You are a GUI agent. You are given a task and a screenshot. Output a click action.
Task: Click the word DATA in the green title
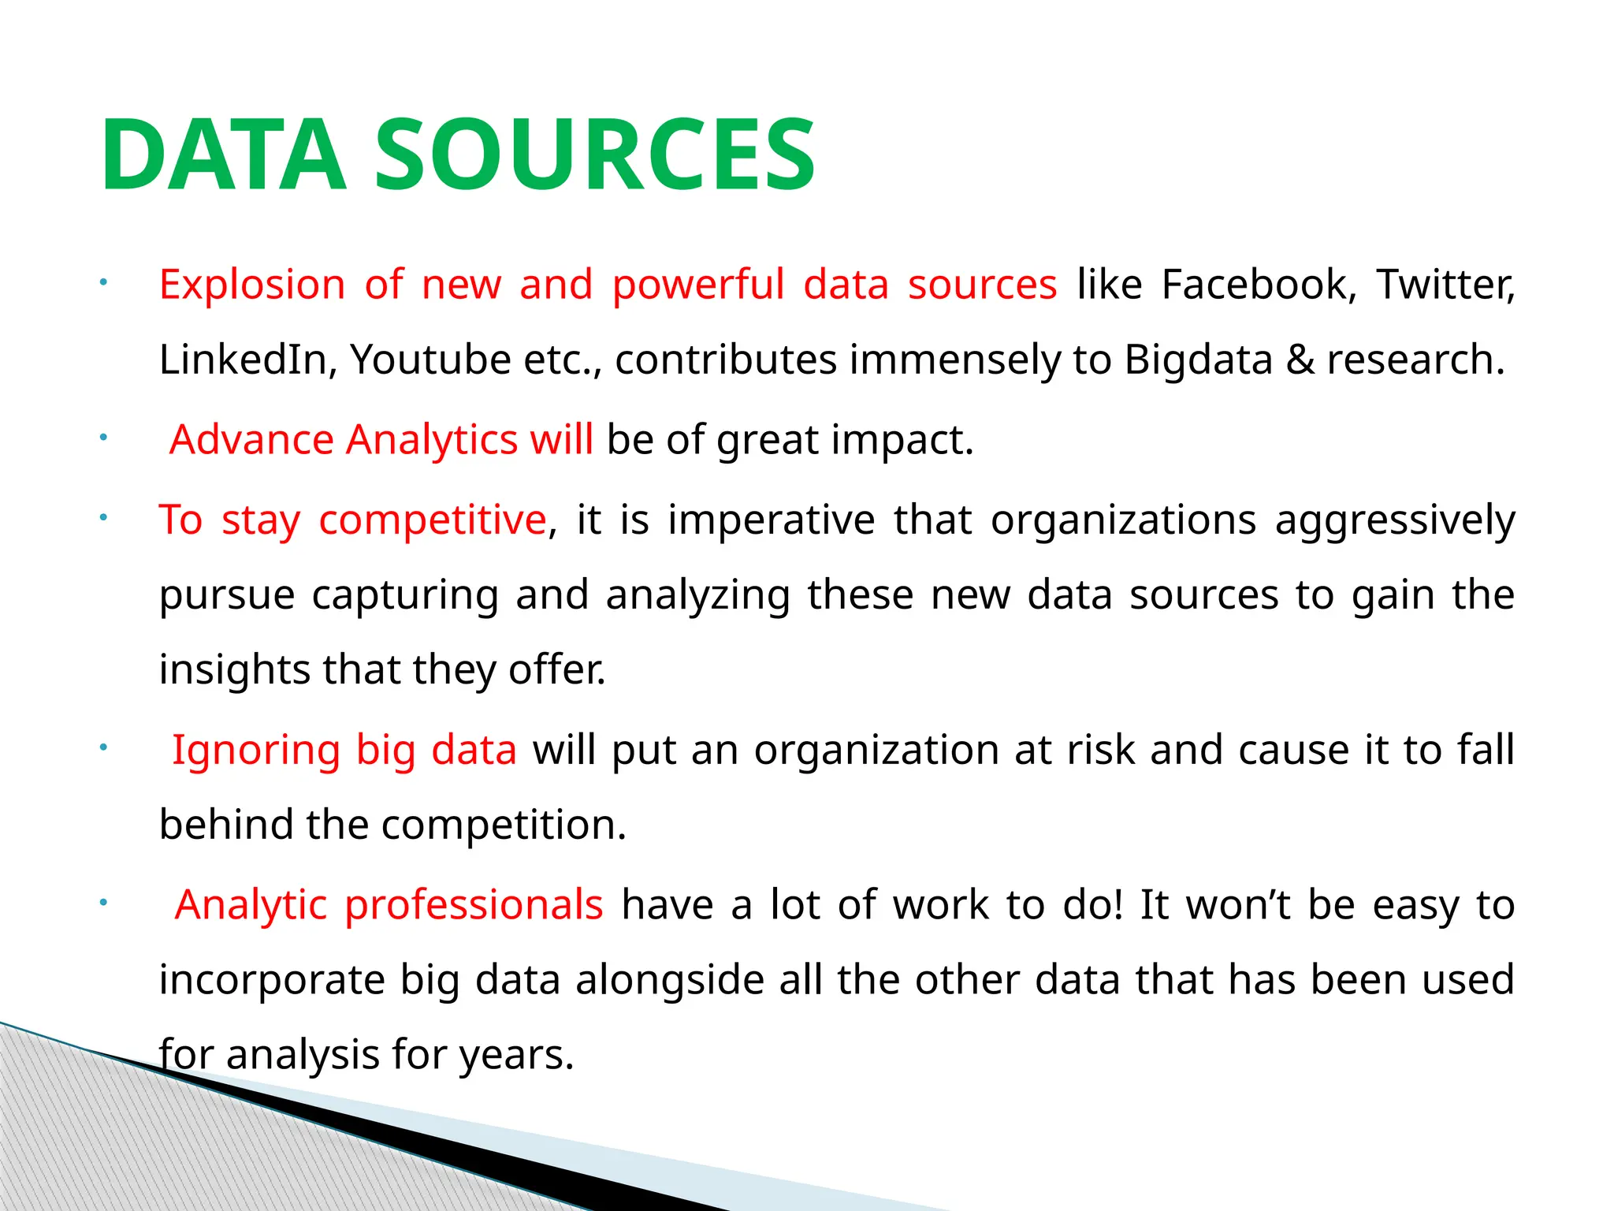point(223,155)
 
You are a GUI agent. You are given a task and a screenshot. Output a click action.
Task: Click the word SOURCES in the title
point(595,155)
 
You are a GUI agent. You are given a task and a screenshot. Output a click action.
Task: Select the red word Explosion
point(252,285)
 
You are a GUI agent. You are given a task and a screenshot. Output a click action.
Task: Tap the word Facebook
point(1259,285)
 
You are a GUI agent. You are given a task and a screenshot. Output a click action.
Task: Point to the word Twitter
point(1445,285)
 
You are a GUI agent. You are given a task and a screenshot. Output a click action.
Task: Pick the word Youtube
point(431,360)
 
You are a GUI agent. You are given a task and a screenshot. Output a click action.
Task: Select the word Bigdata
point(1198,360)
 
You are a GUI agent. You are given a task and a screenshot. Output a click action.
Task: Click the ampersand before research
point(1300,360)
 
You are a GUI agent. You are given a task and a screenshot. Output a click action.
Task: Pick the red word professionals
point(474,905)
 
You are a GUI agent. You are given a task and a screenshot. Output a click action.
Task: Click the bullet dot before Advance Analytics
point(102,438)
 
